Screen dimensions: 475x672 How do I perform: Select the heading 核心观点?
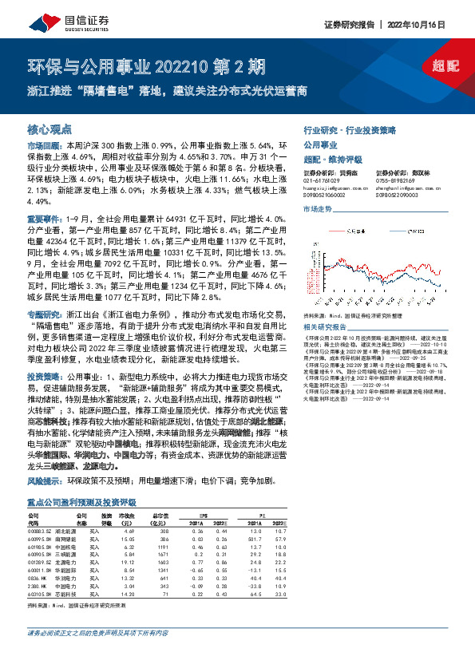pos(49,128)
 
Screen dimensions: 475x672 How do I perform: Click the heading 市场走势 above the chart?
pos(317,208)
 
